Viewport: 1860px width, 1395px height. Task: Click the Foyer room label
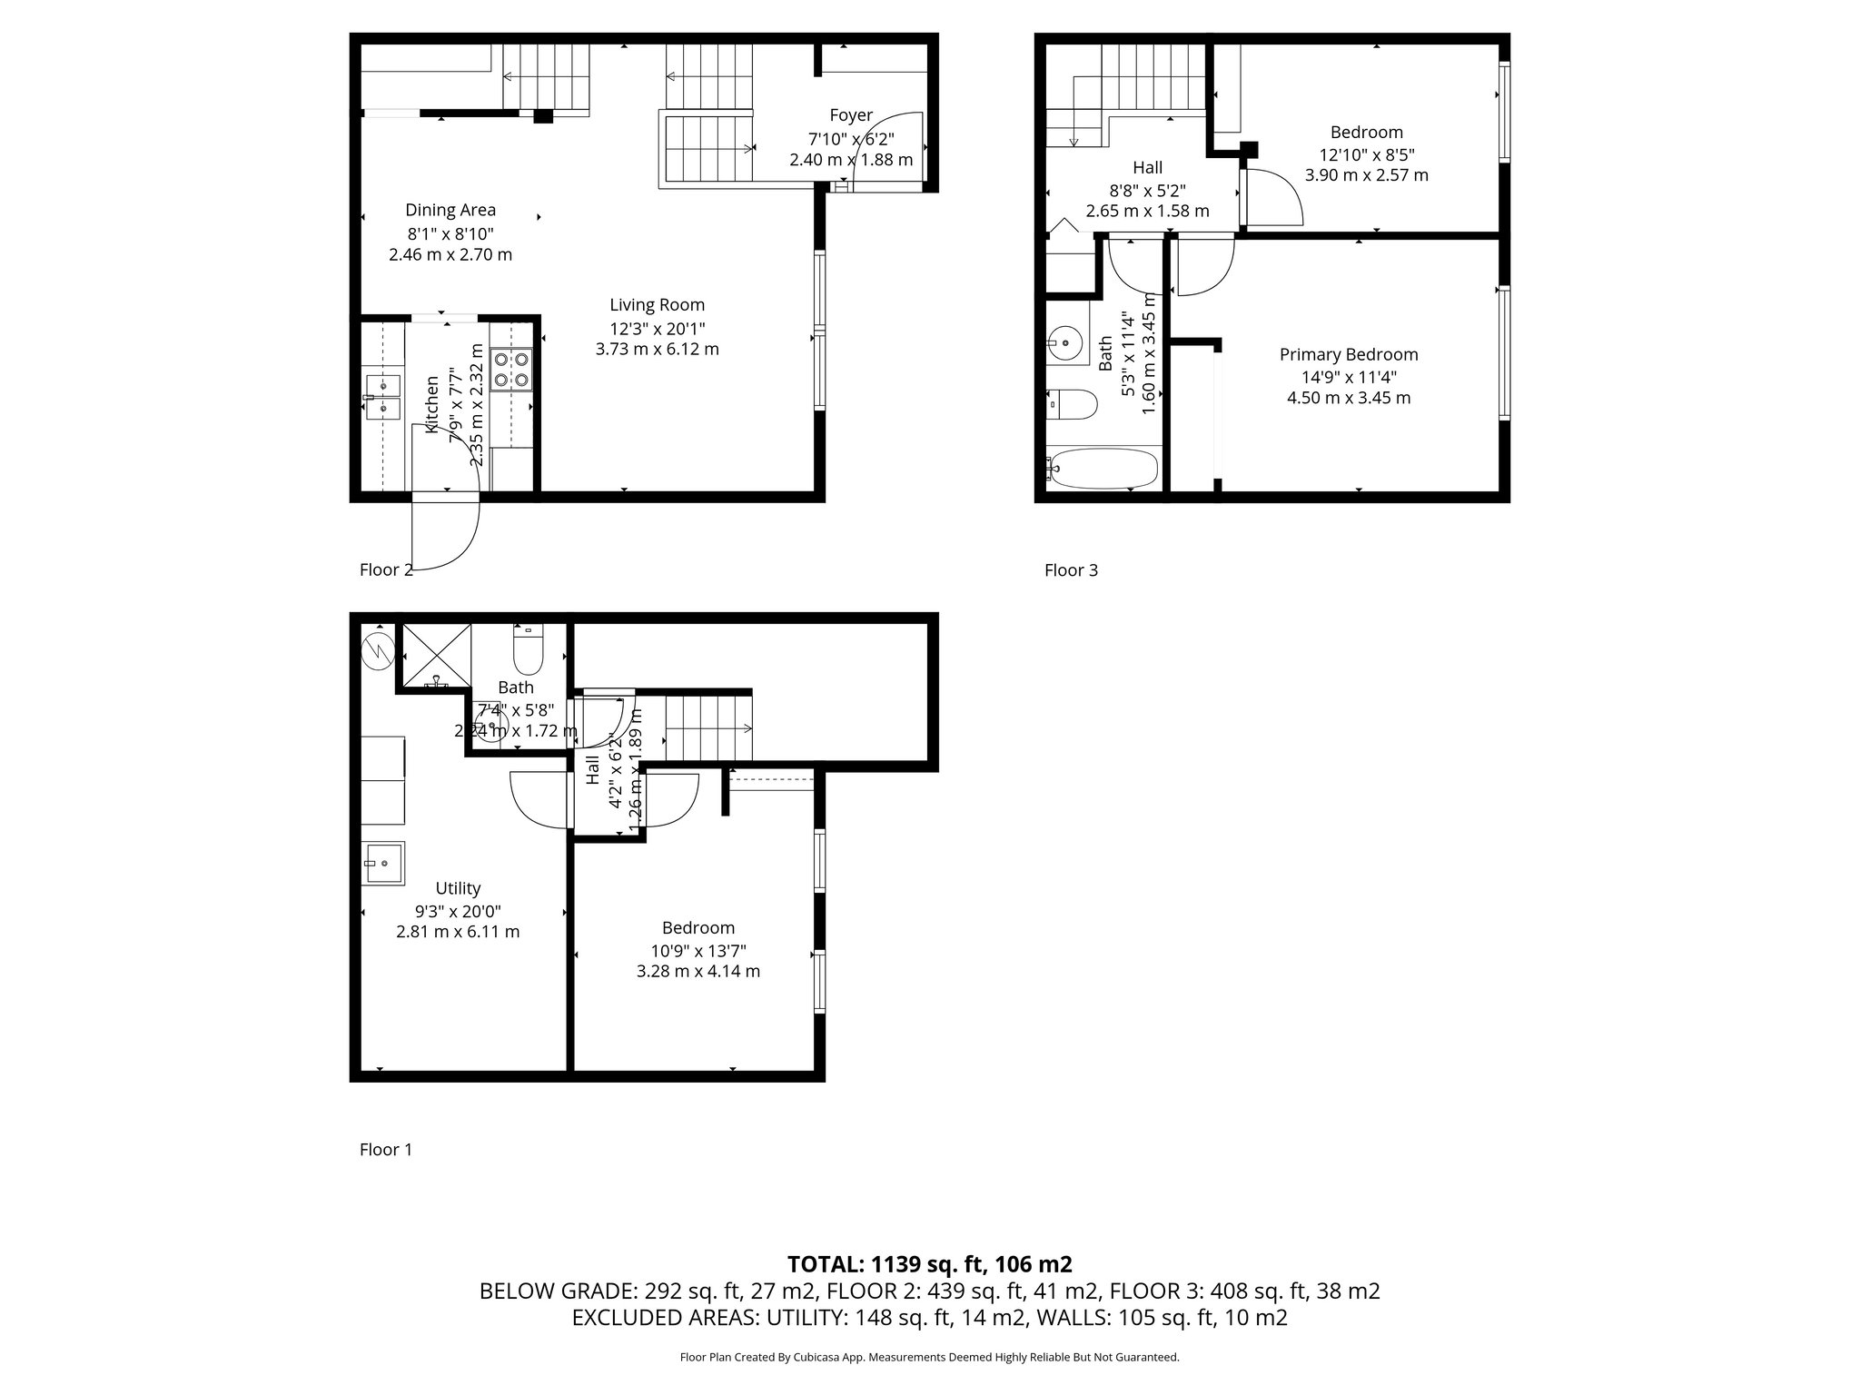point(851,115)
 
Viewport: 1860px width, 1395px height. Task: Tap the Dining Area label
point(450,210)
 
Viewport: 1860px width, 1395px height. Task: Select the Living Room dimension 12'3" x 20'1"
point(657,327)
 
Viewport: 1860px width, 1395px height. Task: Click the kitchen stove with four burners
point(510,370)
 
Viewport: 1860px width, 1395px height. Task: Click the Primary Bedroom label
point(1349,354)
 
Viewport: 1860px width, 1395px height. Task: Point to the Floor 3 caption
point(1071,570)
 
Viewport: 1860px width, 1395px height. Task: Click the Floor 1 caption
point(386,1150)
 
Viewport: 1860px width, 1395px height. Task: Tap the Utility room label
point(458,888)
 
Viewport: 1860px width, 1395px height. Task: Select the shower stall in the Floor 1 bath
point(436,656)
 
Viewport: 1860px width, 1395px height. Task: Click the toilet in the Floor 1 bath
point(528,648)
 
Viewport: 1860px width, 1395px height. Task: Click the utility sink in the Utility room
point(384,863)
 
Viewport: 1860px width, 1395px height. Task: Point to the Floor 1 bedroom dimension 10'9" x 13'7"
point(697,951)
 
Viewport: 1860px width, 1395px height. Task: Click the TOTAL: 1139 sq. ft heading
point(929,1264)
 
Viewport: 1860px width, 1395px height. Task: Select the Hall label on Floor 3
point(1148,167)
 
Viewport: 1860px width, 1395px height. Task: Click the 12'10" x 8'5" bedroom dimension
point(1366,154)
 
